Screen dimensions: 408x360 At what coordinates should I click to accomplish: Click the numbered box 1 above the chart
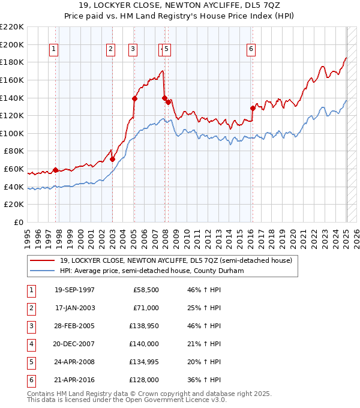click(54, 50)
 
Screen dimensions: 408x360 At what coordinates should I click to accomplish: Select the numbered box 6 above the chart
click(250, 50)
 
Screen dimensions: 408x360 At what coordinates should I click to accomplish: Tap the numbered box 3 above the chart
click(132, 50)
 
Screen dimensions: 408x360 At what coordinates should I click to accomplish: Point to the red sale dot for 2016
click(253, 108)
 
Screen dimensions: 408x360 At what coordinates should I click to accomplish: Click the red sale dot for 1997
click(55, 170)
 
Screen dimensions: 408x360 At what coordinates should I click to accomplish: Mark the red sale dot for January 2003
click(112, 159)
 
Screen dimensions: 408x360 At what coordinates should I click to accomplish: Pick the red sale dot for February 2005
click(134, 98)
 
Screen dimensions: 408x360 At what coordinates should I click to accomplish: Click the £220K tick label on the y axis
click(12, 27)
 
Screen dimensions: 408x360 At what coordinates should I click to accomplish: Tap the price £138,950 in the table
click(143, 326)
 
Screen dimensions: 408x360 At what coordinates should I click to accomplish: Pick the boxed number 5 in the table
click(30, 362)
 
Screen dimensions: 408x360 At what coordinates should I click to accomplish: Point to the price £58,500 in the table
click(146, 290)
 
